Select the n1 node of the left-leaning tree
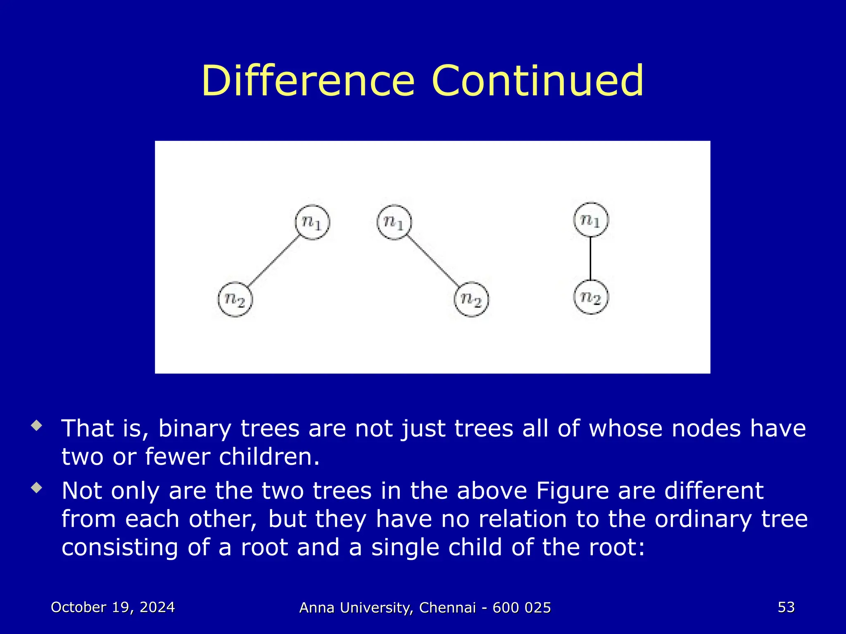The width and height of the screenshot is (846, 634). [x=312, y=222]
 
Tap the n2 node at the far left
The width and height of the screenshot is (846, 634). [x=235, y=299]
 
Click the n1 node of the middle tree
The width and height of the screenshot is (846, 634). [x=394, y=222]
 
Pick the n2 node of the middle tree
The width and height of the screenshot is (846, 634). [x=471, y=299]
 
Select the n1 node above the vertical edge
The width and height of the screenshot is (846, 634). [x=591, y=220]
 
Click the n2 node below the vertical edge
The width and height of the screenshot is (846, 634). [x=591, y=297]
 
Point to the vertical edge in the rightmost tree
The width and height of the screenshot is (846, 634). [x=591, y=258]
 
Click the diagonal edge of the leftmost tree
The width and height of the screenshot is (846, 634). [x=274, y=261]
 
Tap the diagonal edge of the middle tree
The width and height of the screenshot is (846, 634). [x=433, y=261]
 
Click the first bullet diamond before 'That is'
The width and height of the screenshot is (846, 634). [x=37, y=426]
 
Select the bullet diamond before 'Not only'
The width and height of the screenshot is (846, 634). [x=37, y=488]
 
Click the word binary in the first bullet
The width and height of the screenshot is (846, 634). [x=195, y=428]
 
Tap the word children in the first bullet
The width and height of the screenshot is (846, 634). [x=269, y=457]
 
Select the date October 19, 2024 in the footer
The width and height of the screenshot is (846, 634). [x=113, y=607]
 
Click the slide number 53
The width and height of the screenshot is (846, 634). [x=786, y=607]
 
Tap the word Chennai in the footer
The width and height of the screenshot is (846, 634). [x=447, y=608]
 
